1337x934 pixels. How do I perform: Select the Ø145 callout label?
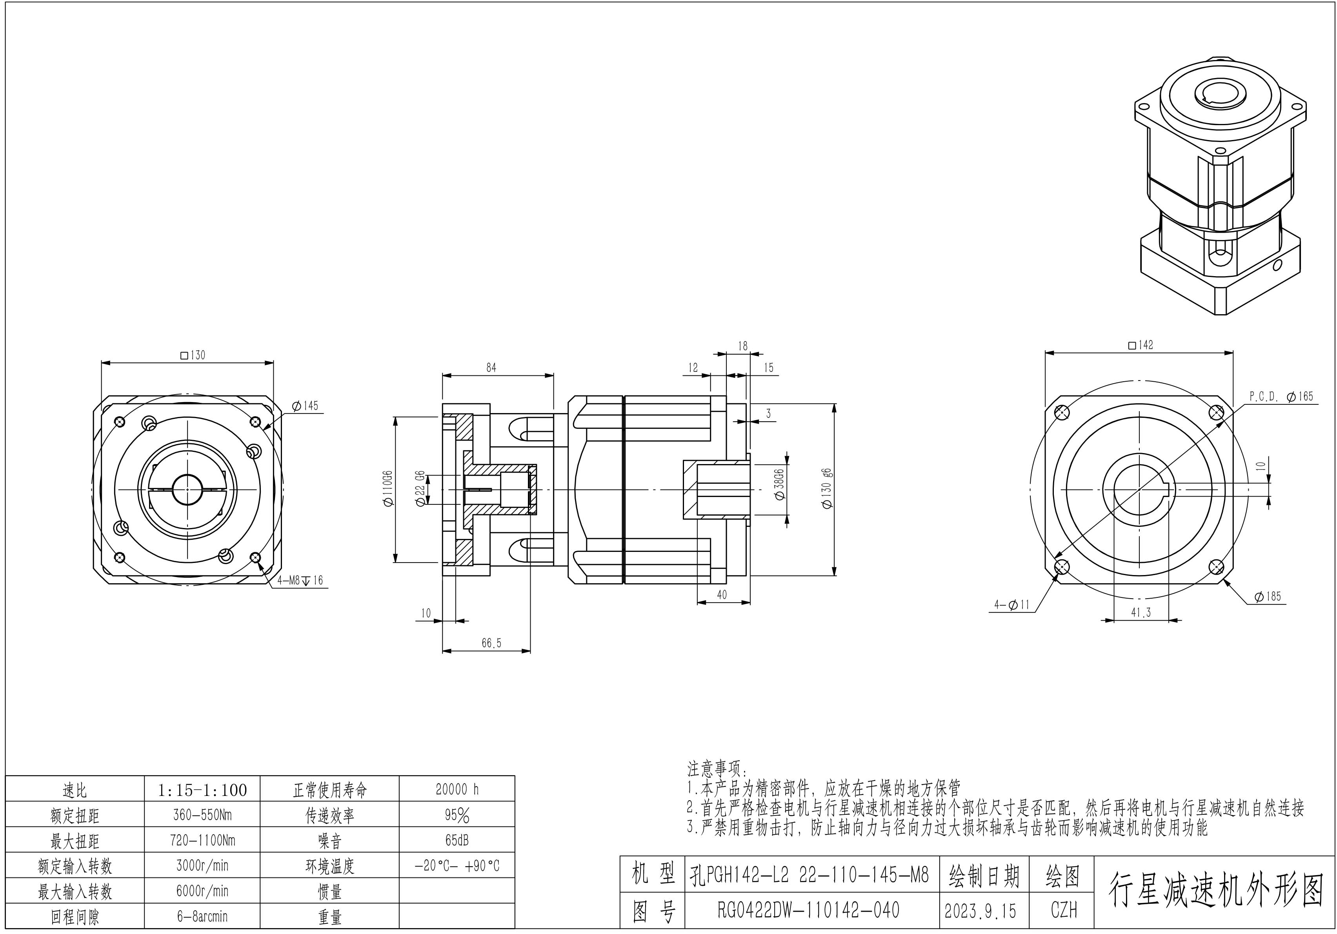[x=305, y=406]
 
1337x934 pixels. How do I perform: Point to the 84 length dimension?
[x=491, y=368]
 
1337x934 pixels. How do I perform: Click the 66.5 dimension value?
[x=491, y=643]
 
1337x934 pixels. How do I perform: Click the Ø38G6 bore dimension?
[x=780, y=484]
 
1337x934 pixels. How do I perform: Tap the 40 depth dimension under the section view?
[x=722, y=595]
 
